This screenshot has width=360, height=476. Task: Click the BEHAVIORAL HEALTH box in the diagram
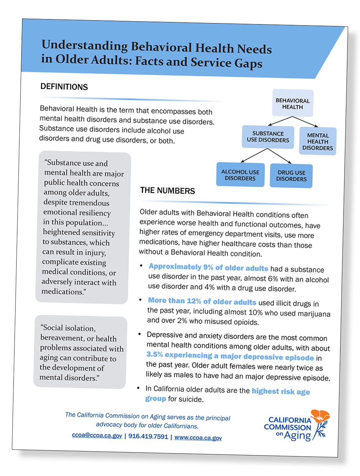(292, 103)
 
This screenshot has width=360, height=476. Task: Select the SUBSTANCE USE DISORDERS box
(268, 137)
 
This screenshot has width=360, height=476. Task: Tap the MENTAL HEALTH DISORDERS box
(318, 141)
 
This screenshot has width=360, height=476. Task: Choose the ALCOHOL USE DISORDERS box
(240, 175)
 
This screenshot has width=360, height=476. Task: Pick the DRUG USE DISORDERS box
(291, 176)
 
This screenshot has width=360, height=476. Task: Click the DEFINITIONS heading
(64, 87)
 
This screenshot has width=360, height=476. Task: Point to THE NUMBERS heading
(167, 191)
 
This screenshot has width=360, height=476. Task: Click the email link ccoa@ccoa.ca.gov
(97, 435)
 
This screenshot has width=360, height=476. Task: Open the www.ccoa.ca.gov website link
(198, 438)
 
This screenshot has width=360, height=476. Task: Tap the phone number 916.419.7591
(148, 436)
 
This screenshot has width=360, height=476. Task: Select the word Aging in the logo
(297, 436)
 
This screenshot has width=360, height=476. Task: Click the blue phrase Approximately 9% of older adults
(208, 267)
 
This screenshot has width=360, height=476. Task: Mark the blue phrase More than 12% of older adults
(202, 301)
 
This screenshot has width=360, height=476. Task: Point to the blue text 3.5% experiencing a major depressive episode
(230, 356)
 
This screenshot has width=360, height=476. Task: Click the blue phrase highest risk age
(281, 391)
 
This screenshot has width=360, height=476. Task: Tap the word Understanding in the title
(85, 45)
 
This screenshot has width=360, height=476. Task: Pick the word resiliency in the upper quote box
(93, 213)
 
